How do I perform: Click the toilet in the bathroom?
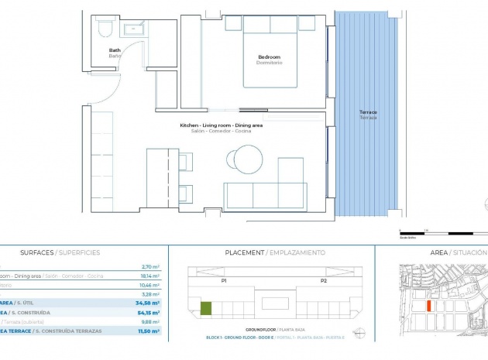[105, 29]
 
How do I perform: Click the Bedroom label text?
[269, 57]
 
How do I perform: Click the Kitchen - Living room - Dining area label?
[221, 125]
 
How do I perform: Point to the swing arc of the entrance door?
[133, 58]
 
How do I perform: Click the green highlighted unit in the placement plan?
[206, 309]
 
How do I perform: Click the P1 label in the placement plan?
[224, 281]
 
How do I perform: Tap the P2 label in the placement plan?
[322, 281]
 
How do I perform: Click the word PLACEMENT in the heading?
[244, 253]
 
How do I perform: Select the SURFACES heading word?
[37, 253]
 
